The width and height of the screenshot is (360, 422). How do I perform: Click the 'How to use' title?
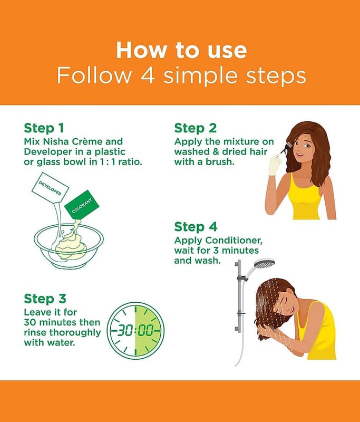point(181,50)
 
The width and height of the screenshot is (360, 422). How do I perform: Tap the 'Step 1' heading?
point(44,128)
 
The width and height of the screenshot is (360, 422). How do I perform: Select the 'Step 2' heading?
point(195,128)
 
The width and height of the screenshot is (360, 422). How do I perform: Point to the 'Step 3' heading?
point(45,299)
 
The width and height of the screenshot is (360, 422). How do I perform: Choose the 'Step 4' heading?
point(196,227)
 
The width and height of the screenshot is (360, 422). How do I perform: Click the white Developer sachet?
point(50,187)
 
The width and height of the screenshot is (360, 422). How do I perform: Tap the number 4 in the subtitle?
point(148,75)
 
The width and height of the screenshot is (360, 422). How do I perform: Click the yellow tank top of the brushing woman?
point(305,198)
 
